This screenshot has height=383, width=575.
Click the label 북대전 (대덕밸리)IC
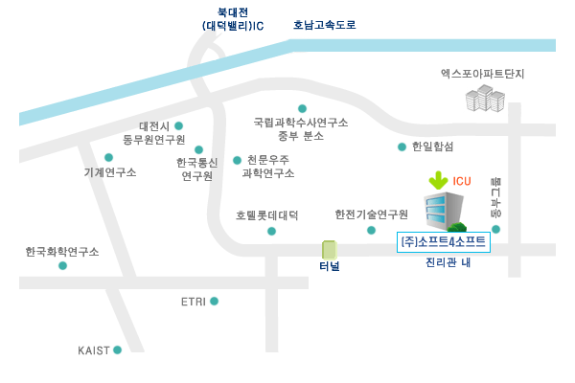[234, 19]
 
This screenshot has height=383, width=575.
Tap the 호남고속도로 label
[324, 25]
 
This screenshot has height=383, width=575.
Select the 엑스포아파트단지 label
[483, 73]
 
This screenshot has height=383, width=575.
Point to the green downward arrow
[438, 179]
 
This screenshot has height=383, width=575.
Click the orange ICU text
[462, 181]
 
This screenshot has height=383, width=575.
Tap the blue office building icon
[444, 212]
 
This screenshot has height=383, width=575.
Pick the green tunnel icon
[329, 250]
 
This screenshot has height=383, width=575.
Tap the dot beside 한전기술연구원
[371, 230]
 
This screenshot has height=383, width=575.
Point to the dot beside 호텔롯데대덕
[272, 231]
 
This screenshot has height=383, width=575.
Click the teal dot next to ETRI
[214, 302]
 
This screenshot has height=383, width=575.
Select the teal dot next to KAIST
[117, 350]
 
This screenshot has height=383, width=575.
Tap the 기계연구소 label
[110, 172]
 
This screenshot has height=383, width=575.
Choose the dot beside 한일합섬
[402, 146]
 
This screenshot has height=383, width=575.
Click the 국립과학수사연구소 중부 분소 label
[301, 129]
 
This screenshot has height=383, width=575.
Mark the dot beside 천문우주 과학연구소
[237, 160]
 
